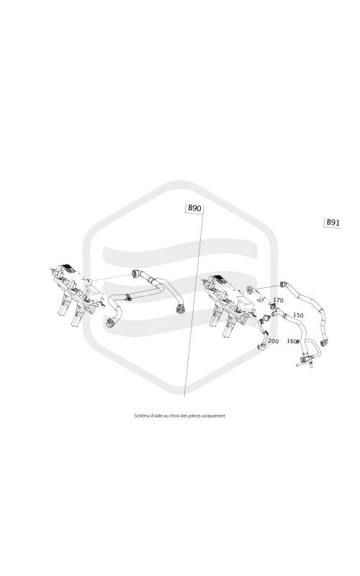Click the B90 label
[194, 208]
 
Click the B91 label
[333, 222]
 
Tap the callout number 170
[278, 300]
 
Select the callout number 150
[298, 315]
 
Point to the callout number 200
[273, 341]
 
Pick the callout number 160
[292, 341]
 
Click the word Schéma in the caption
[140, 416]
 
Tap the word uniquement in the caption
[215, 416]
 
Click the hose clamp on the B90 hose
[128, 297]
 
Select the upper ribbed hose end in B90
[136, 274]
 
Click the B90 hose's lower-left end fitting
[109, 323]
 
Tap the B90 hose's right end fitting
[179, 309]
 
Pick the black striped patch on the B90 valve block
[68, 269]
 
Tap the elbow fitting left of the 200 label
[262, 346]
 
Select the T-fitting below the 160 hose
[305, 361]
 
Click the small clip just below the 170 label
[274, 306]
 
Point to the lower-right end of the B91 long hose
[325, 343]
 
